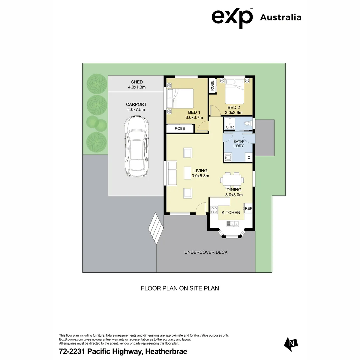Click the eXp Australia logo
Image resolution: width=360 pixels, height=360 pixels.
click(x=256, y=17)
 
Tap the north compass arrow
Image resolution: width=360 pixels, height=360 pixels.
click(x=291, y=343)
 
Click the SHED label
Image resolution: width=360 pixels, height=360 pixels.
click(x=137, y=82)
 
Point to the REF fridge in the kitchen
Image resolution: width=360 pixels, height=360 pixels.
click(x=248, y=209)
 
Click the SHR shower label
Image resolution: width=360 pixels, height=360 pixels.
click(x=230, y=127)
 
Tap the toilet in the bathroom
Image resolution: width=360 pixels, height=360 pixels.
click(x=247, y=124)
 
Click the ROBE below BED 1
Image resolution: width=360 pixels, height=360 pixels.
click(x=180, y=128)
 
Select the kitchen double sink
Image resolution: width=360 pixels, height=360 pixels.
click(x=231, y=223)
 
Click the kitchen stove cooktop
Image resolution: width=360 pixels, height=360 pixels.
click(x=214, y=210)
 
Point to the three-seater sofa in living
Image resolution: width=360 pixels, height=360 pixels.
click(x=172, y=173)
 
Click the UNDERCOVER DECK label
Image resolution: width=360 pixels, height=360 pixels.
click(x=206, y=252)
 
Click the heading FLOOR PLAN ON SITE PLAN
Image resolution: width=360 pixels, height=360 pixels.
click(x=180, y=288)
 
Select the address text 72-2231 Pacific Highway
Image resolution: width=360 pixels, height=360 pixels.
click(x=123, y=351)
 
